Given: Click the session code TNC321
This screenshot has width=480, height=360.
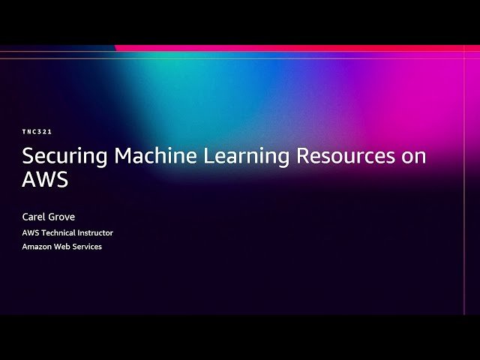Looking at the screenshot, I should (x=37, y=132).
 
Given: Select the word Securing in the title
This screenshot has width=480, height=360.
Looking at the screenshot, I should (x=65, y=157).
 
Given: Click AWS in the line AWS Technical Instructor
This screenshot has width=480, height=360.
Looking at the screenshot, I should (x=31, y=232).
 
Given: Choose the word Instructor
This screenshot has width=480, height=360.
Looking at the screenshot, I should (x=97, y=232).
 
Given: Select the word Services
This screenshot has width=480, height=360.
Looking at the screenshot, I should (x=88, y=247).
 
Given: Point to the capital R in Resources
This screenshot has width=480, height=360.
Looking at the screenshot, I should (x=304, y=156).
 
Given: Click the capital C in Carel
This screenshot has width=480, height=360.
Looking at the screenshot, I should (x=26, y=217).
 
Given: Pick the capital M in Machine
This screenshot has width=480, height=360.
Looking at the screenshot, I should (x=124, y=156).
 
